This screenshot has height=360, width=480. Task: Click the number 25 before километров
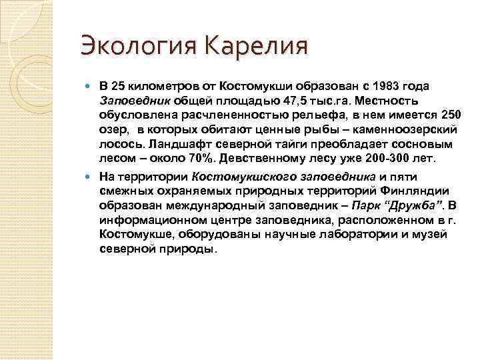[x=118, y=87]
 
